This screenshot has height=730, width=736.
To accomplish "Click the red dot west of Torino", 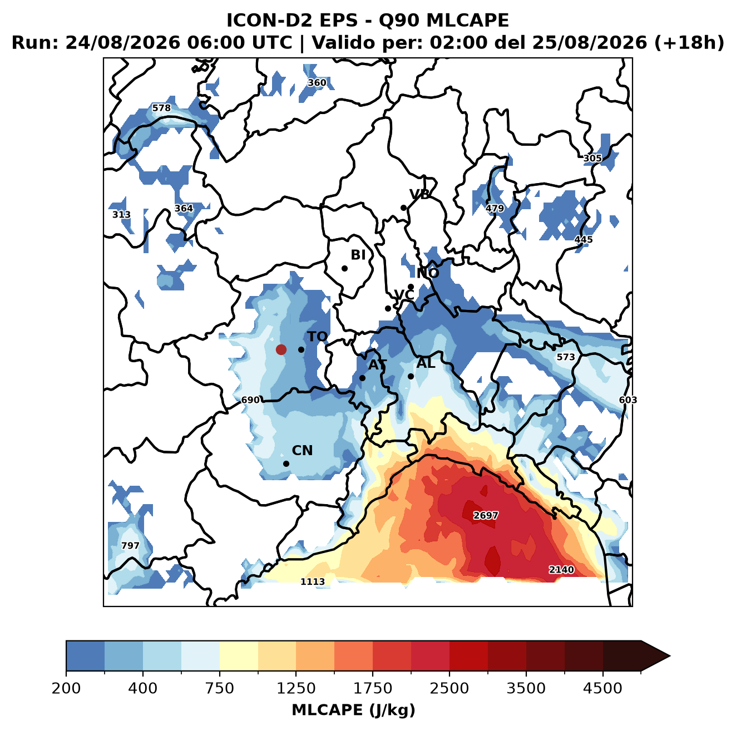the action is point(281,349).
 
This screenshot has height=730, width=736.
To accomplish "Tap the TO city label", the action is point(317,337).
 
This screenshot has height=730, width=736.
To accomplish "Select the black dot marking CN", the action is point(286,463).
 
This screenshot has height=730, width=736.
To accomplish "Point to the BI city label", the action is point(358,255).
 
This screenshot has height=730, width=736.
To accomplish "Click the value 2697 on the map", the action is point(486,515).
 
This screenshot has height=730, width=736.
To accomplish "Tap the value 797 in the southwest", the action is point(130,545).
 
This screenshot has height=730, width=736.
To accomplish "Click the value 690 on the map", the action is point(250,400).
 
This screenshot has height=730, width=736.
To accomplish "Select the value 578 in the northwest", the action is point(161,108).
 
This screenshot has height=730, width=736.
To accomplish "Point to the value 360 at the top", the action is point(317,82).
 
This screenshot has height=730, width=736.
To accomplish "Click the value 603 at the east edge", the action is point(628,400).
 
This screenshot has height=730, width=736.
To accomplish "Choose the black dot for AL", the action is point(411,376).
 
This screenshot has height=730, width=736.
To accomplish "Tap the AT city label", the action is point(377,365).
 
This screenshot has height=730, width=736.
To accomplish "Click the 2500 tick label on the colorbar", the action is point(449,688).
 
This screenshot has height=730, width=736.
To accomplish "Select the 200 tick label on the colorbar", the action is point(66,688).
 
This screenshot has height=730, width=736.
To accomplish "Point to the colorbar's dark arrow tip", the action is point(670,656).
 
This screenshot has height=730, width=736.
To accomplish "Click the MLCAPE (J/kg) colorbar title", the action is point(353,710).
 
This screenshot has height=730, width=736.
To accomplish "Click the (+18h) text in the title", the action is point(689,43).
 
